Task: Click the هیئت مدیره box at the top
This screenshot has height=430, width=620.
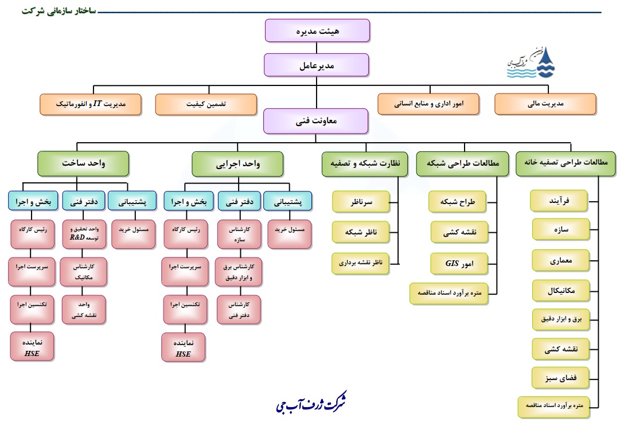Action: point(317,31)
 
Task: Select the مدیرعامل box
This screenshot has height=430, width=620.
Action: point(317,65)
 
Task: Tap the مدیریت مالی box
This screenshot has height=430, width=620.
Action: point(545,104)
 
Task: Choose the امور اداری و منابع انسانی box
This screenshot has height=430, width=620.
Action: point(428,104)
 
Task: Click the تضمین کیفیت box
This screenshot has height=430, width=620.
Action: point(205,104)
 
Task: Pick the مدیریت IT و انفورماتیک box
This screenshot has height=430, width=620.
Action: point(91,104)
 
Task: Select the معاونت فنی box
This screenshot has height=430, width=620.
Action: point(317,121)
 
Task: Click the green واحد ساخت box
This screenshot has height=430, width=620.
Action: point(83,164)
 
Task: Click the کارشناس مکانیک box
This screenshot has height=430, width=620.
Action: point(85,271)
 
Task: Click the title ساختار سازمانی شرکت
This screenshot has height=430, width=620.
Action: point(60,11)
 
